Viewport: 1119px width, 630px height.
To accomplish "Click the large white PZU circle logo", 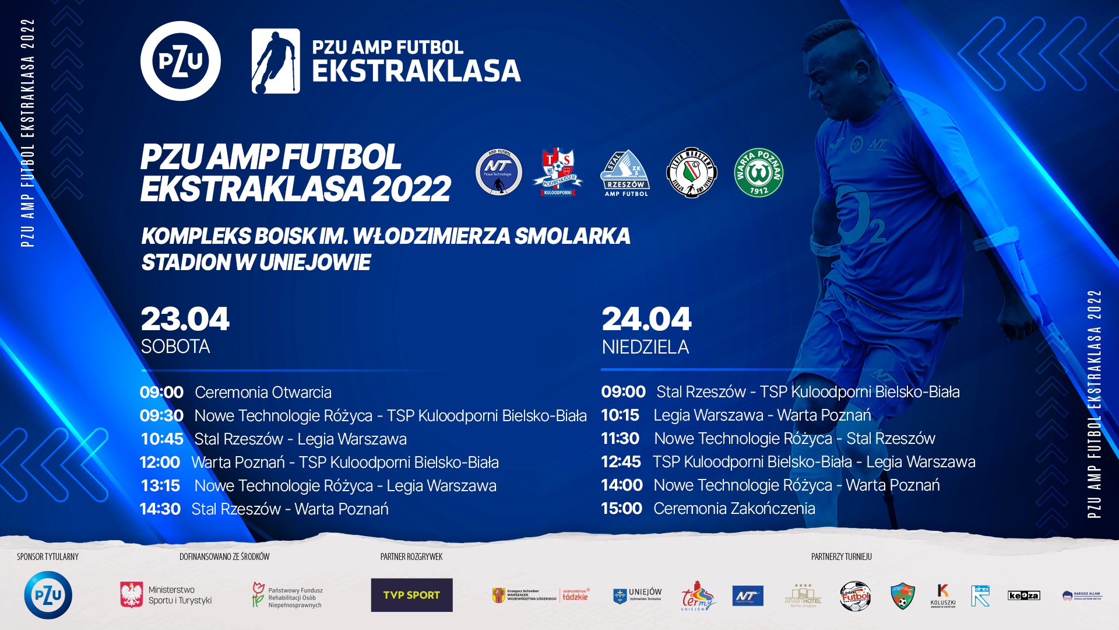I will [x=181, y=61].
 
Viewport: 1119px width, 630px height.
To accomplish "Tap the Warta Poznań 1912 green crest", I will [x=758, y=173].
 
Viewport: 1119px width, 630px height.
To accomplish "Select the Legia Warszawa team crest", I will [x=692, y=173].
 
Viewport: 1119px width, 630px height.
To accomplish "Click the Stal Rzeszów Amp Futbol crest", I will [x=625, y=173].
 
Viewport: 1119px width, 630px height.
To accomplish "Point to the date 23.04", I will [x=185, y=319].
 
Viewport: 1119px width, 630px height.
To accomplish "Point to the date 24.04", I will [x=646, y=319].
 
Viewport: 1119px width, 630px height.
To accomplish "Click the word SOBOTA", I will [x=175, y=346].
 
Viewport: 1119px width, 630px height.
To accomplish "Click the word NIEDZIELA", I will [x=645, y=347].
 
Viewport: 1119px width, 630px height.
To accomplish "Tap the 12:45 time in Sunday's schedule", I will [x=621, y=462].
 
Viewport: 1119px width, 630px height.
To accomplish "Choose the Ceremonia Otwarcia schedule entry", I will [x=263, y=392].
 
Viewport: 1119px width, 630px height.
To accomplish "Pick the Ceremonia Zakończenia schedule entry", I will [x=734, y=509].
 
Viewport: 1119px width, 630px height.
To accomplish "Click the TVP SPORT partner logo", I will [x=411, y=595].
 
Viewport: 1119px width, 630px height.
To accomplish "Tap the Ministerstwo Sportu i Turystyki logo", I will [x=166, y=595].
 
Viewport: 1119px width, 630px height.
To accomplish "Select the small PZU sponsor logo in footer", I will [x=48, y=595].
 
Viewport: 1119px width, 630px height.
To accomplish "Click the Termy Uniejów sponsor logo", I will [x=698, y=596].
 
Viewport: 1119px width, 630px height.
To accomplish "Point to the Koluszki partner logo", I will [x=942, y=596].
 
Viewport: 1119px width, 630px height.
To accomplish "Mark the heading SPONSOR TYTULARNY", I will [x=48, y=556].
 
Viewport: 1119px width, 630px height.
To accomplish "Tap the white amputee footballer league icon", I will [x=276, y=61].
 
